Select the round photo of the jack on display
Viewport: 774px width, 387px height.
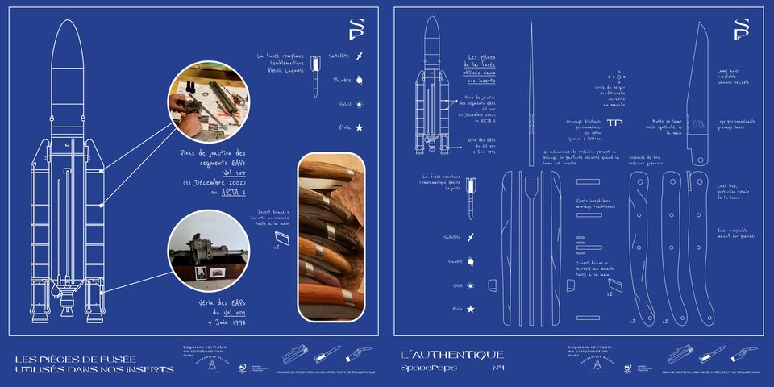pyautogui.click(x=208, y=249)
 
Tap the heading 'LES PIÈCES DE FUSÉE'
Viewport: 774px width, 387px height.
pyautogui.click(x=76, y=358)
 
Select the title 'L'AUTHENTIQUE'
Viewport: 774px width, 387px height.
pyautogui.click(x=451, y=355)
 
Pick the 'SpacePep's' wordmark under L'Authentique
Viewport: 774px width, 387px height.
pyautogui.click(x=429, y=368)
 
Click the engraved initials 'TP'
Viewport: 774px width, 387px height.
pyautogui.click(x=615, y=123)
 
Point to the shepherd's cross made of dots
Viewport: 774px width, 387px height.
pyautogui.click(x=617, y=81)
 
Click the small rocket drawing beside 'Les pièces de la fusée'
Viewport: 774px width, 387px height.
pyautogui.click(x=433, y=89)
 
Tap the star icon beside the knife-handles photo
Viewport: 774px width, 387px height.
pyautogui.click(x=360, y=128)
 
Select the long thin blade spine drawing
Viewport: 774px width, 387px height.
pyautogui.click(x=531, y=93)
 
